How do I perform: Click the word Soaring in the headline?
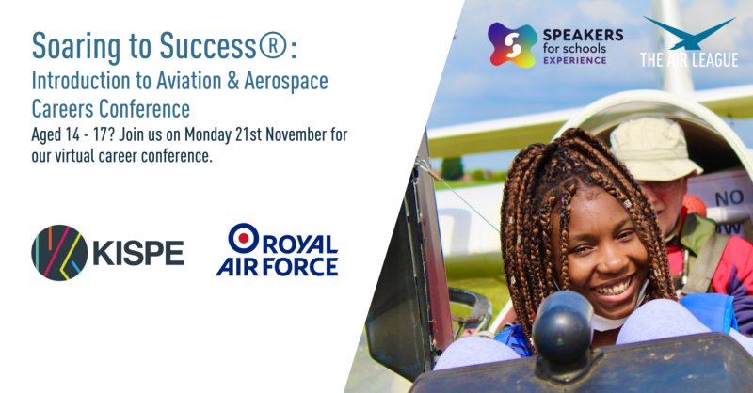tap(76, 48)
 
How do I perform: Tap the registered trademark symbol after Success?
tap(273, 45)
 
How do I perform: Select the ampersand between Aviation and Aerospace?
tap(232, 81)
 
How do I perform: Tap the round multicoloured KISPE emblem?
tap(59, 253)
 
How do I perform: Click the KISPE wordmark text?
tap(138, 253)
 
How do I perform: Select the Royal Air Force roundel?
tap(244, 238)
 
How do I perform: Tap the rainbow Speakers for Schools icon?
tap(512, 44)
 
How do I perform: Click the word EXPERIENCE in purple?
tap(575, 60)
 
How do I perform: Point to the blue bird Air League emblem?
tap(689, 33)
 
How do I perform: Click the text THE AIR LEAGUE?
tap(689, 59)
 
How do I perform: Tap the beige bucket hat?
tap(653, 149)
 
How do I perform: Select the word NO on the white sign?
tap(729, 197)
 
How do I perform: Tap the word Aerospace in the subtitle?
tap(286, 81)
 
